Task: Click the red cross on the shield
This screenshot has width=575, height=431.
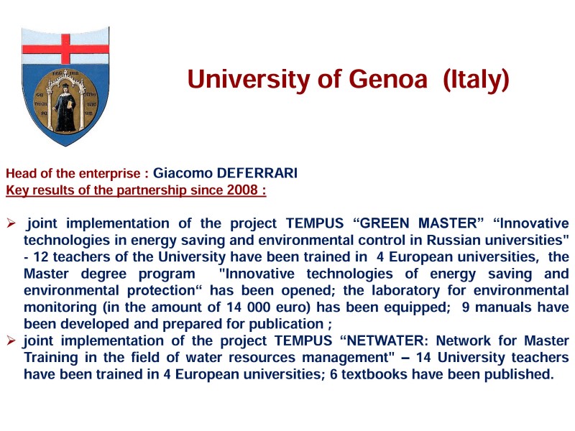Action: tap(65, 48)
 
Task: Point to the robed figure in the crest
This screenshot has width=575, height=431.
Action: tap(66, 107)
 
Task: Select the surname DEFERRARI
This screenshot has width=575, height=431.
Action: tap(257, 173)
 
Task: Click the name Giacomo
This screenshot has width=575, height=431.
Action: tap(183, 173)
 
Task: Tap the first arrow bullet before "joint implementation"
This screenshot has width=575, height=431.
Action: tap(11, 223)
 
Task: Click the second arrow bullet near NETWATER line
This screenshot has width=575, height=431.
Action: tap(11, 340)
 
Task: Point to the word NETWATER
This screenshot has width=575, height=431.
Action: tap(384, 340)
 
